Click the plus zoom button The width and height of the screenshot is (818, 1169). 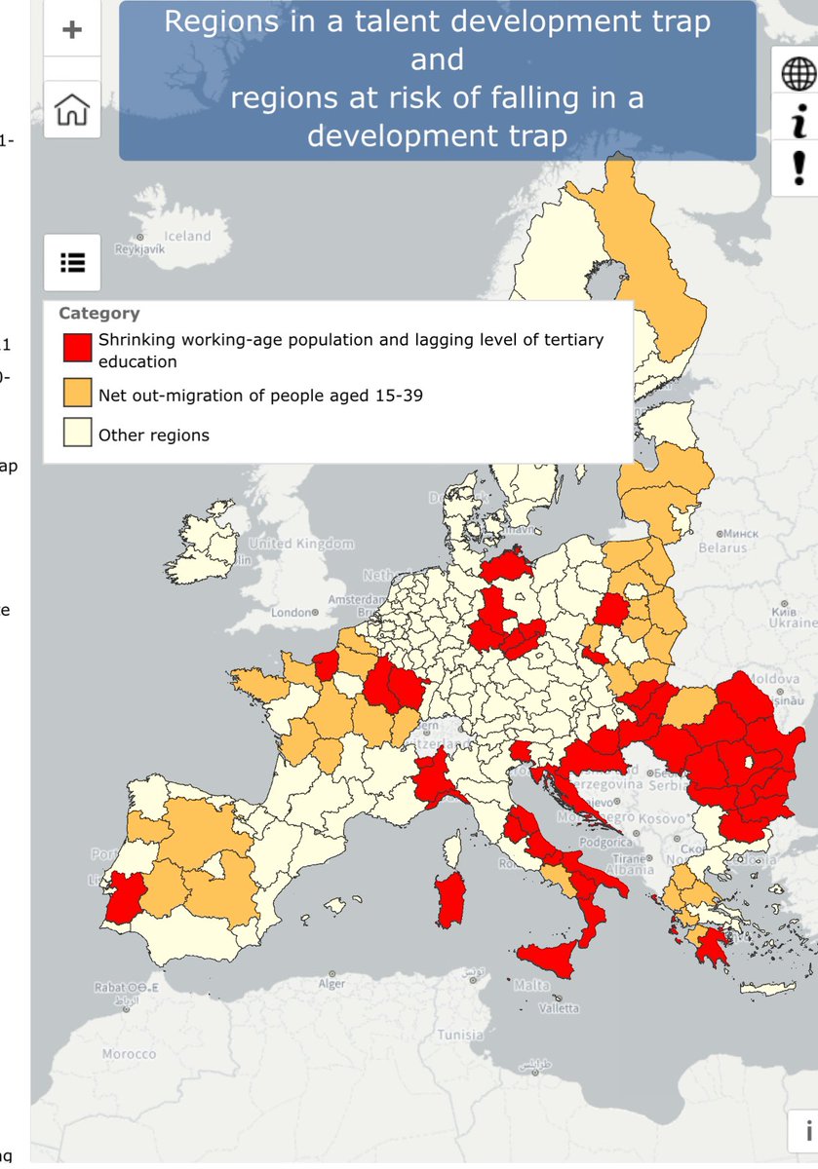click(72, 29)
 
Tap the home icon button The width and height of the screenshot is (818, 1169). click(72, 110)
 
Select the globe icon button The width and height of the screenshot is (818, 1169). click(798, 72)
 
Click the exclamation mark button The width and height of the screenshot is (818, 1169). click(798, 168)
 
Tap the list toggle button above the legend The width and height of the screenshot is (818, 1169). click(72, 262)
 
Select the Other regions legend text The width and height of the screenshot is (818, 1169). click(153, 434)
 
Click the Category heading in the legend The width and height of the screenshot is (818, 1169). click(98, 313)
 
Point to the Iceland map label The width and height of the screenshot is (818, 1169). click(187, 236)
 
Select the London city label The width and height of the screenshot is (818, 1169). click(290, 614)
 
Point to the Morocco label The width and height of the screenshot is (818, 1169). click(129, 1054)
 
